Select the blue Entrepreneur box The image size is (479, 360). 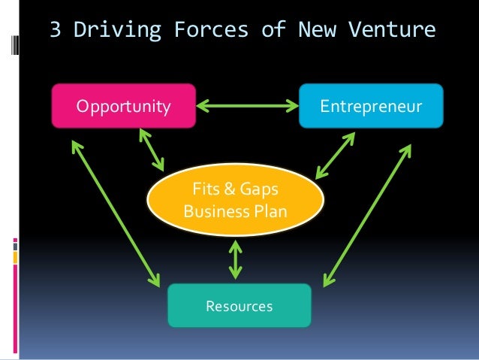tap(371, 105)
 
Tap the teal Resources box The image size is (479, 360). tap(239, 305)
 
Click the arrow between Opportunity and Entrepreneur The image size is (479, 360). tap(247, 106)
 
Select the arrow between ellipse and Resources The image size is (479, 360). tap(236, 259)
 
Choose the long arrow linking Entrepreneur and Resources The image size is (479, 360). tap(366, 216)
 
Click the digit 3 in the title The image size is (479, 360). tap(55, 31)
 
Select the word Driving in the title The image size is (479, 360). tap(113, 31)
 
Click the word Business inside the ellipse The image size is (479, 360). tap(213, 211)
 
